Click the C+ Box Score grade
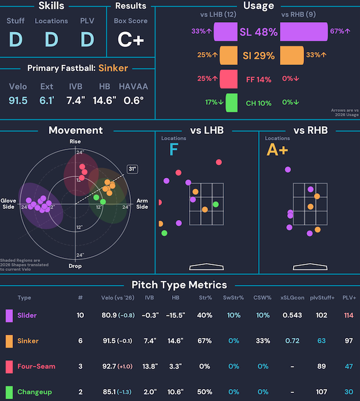point(130,40)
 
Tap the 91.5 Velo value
point(19,100)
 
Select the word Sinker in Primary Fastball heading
point(113,69)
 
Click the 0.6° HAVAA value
point(134,100)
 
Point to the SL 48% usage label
point(259,32)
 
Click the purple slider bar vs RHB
point(304,32)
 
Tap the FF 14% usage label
point(259,79)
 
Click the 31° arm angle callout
point(132,169)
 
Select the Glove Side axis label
point(9,204)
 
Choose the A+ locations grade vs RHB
point(277,150)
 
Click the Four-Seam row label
point(36,366)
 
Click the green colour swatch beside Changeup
point(9,392)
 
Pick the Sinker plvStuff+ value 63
point(321,341)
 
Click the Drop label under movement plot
point(75,266)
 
